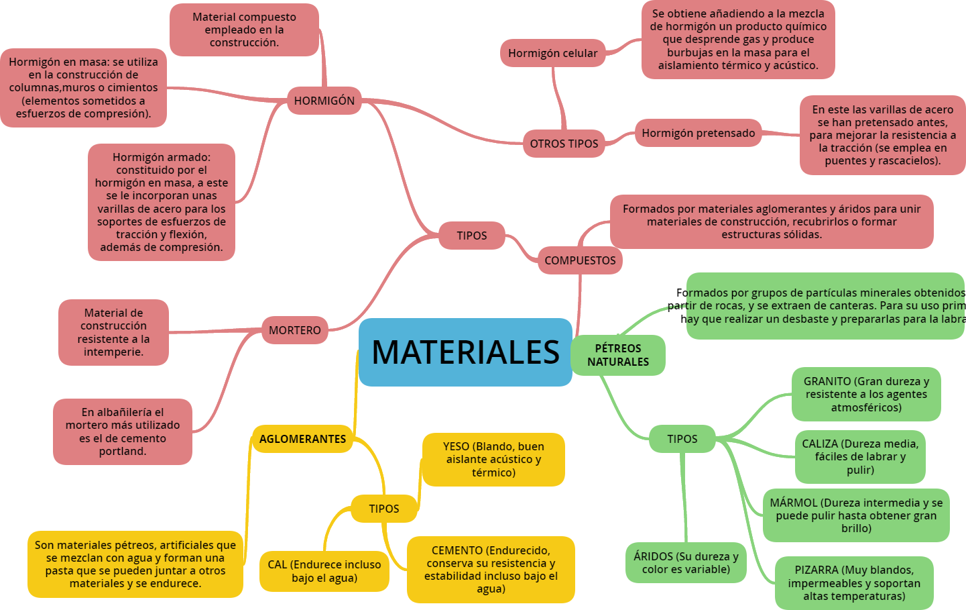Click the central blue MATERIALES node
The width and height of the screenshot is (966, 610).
(x=465, y=352)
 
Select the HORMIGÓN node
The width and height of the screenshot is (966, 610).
(x=324, y=101)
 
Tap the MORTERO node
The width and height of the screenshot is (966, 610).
(x=295, y=330)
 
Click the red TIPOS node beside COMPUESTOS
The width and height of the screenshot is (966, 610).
(x=472, y=236)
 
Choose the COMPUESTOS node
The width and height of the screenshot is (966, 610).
(x=580, y=260)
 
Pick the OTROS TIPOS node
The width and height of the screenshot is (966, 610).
(x=564, y=144)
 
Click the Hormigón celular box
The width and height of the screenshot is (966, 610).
(x=552, y=53)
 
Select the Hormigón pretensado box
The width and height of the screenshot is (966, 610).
(x=698, y=133)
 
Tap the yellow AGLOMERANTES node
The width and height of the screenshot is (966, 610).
(x=302, y=439)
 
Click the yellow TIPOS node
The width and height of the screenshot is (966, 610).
(x=383, y=509)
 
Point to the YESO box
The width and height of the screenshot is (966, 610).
(x=493, y=459)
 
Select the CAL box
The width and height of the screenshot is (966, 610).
(x=324, y=571)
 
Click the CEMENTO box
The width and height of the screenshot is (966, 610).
(x=491, y=569)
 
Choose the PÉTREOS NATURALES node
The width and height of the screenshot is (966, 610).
(x=618, y=355)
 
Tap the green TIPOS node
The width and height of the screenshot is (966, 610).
(x=682, y=439)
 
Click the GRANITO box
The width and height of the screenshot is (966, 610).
(x=866, y=394)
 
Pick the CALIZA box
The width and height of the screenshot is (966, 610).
(x=860, y=456)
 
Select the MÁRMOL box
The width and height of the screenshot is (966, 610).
(x=856, y=515)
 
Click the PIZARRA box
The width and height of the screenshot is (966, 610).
(x=854, y=582)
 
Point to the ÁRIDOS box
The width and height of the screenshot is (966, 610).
(x=686, y=562)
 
